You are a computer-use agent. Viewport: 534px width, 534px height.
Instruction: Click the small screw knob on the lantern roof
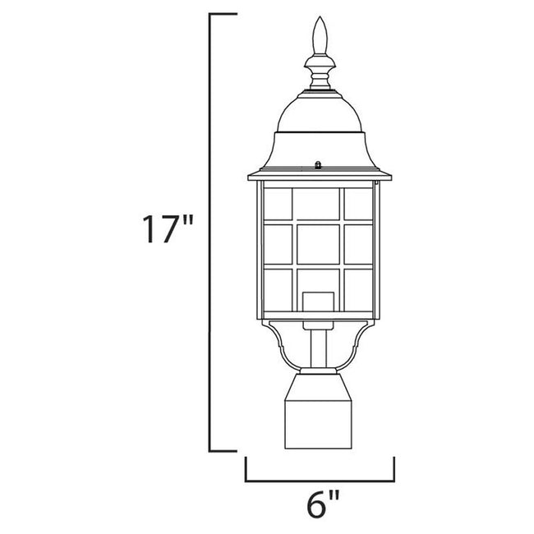[x=318, y=165]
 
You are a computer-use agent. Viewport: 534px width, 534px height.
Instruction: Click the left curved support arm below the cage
[x=278, y=345]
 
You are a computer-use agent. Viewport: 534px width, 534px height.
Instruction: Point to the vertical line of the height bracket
[x=212, y=231]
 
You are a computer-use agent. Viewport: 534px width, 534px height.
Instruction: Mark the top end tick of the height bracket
[x=224, y=15]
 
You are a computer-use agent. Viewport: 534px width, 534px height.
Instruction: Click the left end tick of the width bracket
[x=246, y=468]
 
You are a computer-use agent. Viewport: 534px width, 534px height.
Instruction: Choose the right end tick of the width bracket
[x=395, y=468]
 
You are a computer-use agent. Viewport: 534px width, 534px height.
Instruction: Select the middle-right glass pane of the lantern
[x=359, y=244]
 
